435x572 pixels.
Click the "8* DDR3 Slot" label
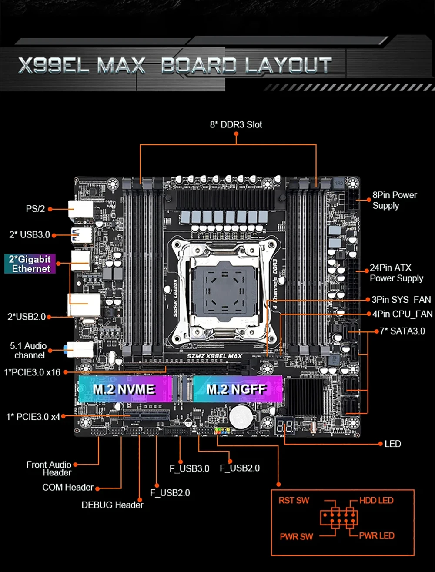236,125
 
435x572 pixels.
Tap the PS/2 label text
35,209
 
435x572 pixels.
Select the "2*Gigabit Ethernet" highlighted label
30,264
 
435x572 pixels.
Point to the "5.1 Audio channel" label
29,351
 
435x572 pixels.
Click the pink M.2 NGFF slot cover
237,389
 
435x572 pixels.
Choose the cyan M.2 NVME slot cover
124,389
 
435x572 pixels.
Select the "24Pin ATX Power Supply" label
396,273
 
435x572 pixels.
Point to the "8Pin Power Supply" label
394,200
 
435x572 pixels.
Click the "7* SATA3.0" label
402,331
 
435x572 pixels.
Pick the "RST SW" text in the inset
294,501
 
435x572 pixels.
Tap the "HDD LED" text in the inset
376,501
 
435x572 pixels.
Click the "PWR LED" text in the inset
377,535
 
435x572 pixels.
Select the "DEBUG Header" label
112,505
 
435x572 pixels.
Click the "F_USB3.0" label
189,468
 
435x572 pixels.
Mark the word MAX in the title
121,66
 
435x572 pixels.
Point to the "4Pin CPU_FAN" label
402,314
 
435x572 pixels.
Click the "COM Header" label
68,487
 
